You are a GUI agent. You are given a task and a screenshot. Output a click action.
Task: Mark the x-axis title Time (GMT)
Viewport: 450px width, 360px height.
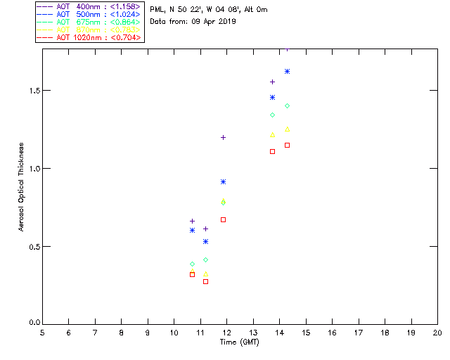[240, 342]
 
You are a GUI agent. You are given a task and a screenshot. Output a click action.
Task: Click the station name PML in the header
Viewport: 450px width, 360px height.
[157, 10]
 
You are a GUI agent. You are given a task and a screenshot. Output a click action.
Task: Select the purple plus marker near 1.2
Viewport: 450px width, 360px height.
[223, 137]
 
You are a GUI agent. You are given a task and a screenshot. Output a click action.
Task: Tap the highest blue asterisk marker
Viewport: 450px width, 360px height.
[287, 71]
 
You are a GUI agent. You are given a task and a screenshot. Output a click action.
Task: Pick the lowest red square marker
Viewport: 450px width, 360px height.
[192, 274]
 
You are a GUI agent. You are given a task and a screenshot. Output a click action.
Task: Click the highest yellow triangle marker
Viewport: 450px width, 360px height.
[287, 129]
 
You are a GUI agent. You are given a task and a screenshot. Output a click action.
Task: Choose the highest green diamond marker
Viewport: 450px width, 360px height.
[223, 202]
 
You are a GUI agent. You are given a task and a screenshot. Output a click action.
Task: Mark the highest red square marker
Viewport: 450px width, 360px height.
[272, 151]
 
